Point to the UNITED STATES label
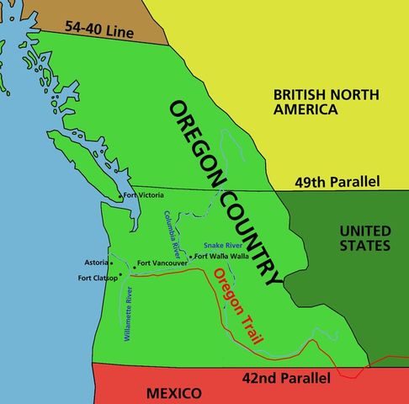[x=364, y=238]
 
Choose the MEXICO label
[x=173, y=393]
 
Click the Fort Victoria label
[x=143, y=196]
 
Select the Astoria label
[x=98, y=263]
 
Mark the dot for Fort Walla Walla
[x=192, y=256]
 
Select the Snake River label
[x=223, y=245]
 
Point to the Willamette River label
[x=129, y=315]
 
